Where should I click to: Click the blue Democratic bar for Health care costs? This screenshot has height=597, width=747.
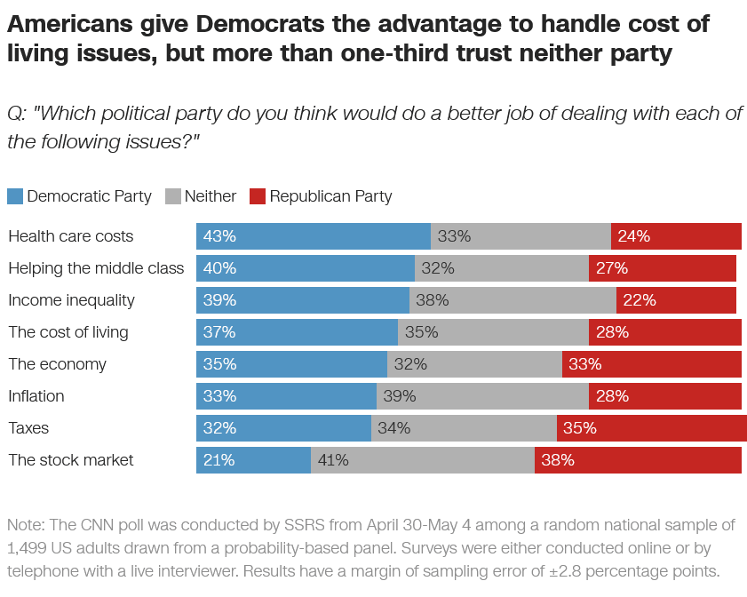[314, 236]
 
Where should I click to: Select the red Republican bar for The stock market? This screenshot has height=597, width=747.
[638, 460]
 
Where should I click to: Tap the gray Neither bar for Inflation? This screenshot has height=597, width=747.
[482, 396]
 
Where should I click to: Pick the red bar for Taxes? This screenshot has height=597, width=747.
[652, 428]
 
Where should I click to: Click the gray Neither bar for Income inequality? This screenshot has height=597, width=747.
[513, 300]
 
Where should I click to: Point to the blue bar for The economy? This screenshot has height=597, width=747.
[291, 364]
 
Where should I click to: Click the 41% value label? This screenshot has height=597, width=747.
[333, 460]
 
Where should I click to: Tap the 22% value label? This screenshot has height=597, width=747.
[640, 300]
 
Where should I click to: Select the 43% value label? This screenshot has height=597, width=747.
[219, 236]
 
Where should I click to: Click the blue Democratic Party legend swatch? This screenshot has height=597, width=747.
[15, 196]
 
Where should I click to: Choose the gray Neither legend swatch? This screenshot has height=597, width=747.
[173, 196]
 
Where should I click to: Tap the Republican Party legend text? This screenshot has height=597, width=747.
[330, 196]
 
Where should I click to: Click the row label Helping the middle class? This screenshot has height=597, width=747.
[96, 268]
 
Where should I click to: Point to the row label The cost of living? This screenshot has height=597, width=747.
[68, 332]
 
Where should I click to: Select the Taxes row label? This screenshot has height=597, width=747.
[28, 428]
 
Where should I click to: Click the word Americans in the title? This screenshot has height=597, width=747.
[70, 24]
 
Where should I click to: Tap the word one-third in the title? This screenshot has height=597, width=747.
[395, 53]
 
